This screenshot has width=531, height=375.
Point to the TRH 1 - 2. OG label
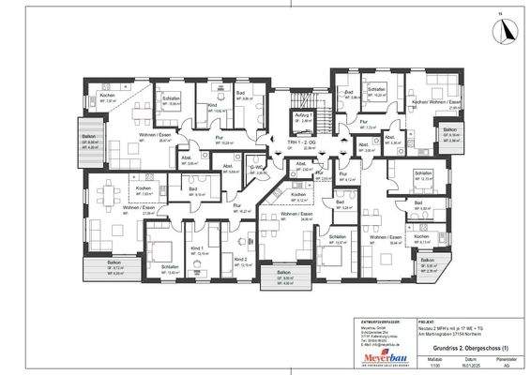click(x=306, y=142)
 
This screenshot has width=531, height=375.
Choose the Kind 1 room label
click(x=196, y=247)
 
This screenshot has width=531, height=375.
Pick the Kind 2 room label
click(x=240, y=259)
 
